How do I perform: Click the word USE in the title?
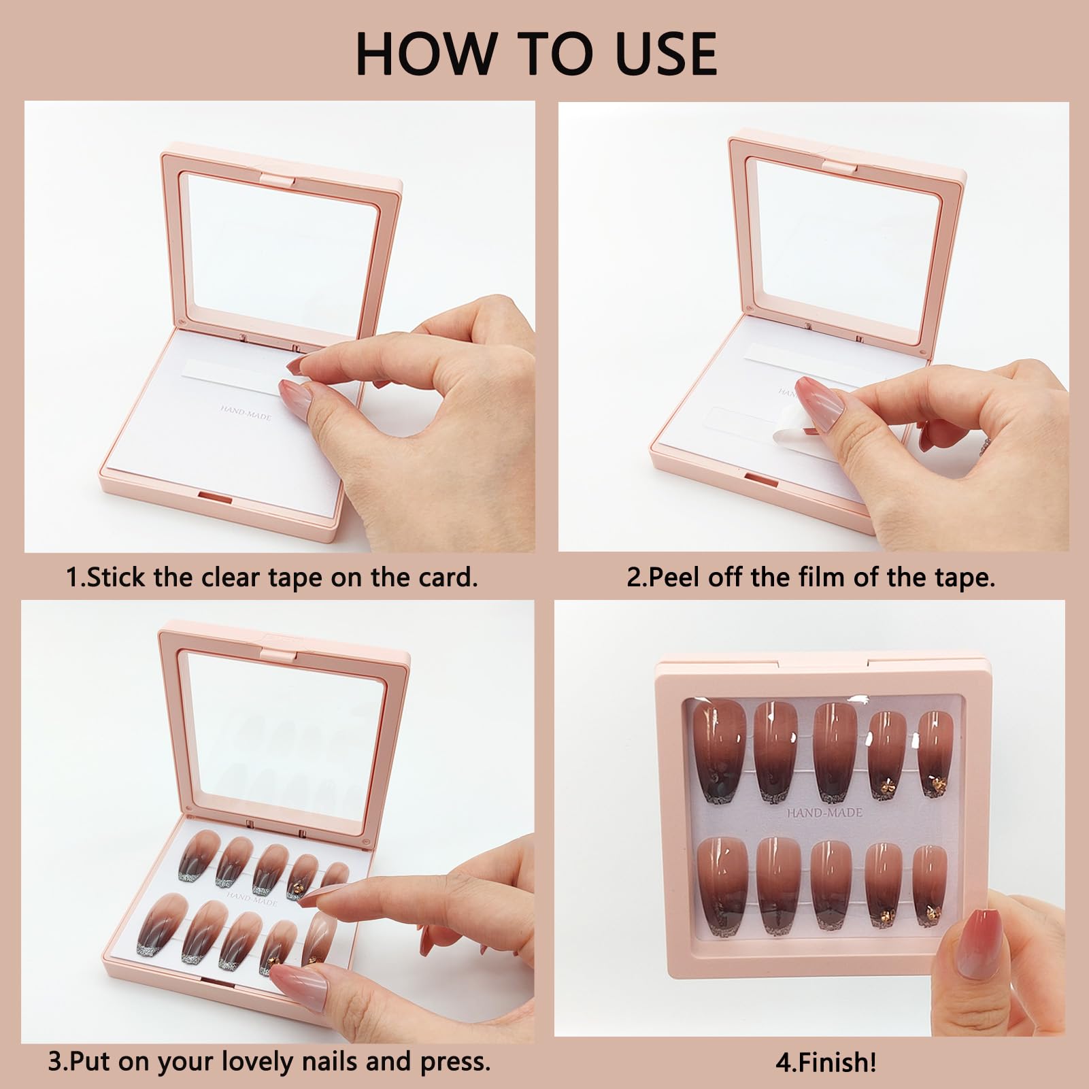pyautogui.click(x=665, y=53)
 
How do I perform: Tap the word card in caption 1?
pyautogui.click(x=447, y=577)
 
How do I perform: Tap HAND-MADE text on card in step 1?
pyautogui.click(x=246, y=412)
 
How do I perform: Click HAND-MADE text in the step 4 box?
pyautogui.click(x=824, y=812)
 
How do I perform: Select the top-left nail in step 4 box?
pyautogui.click(x=720, y=751)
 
